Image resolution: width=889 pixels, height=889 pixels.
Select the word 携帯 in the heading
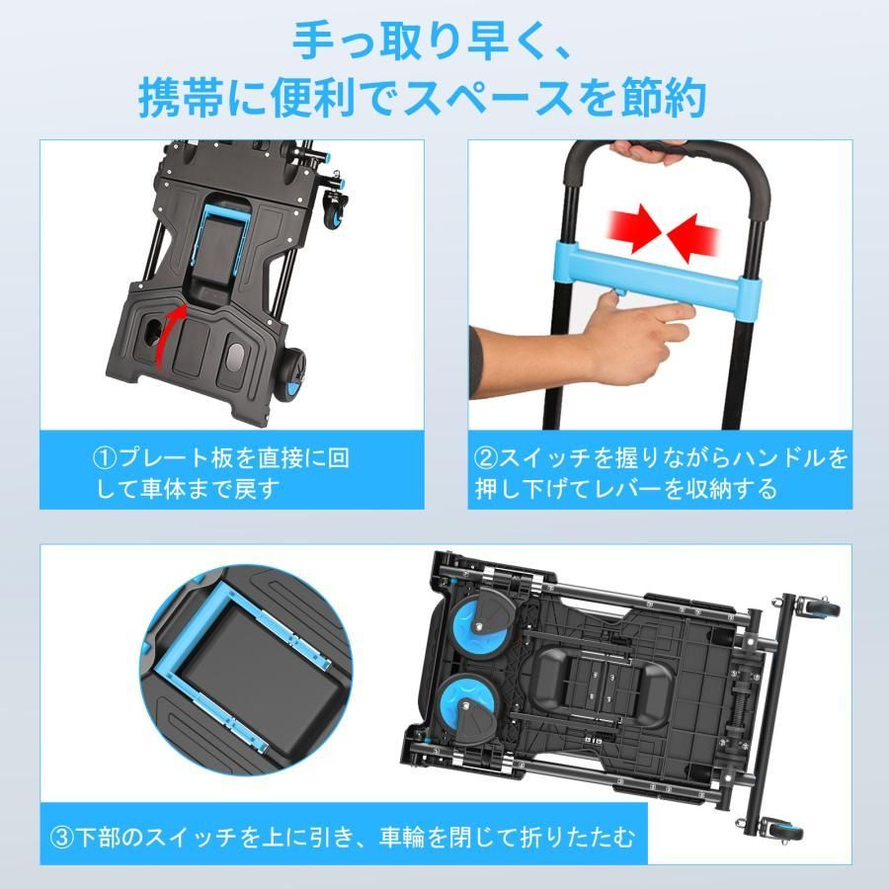tap(180, 99)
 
